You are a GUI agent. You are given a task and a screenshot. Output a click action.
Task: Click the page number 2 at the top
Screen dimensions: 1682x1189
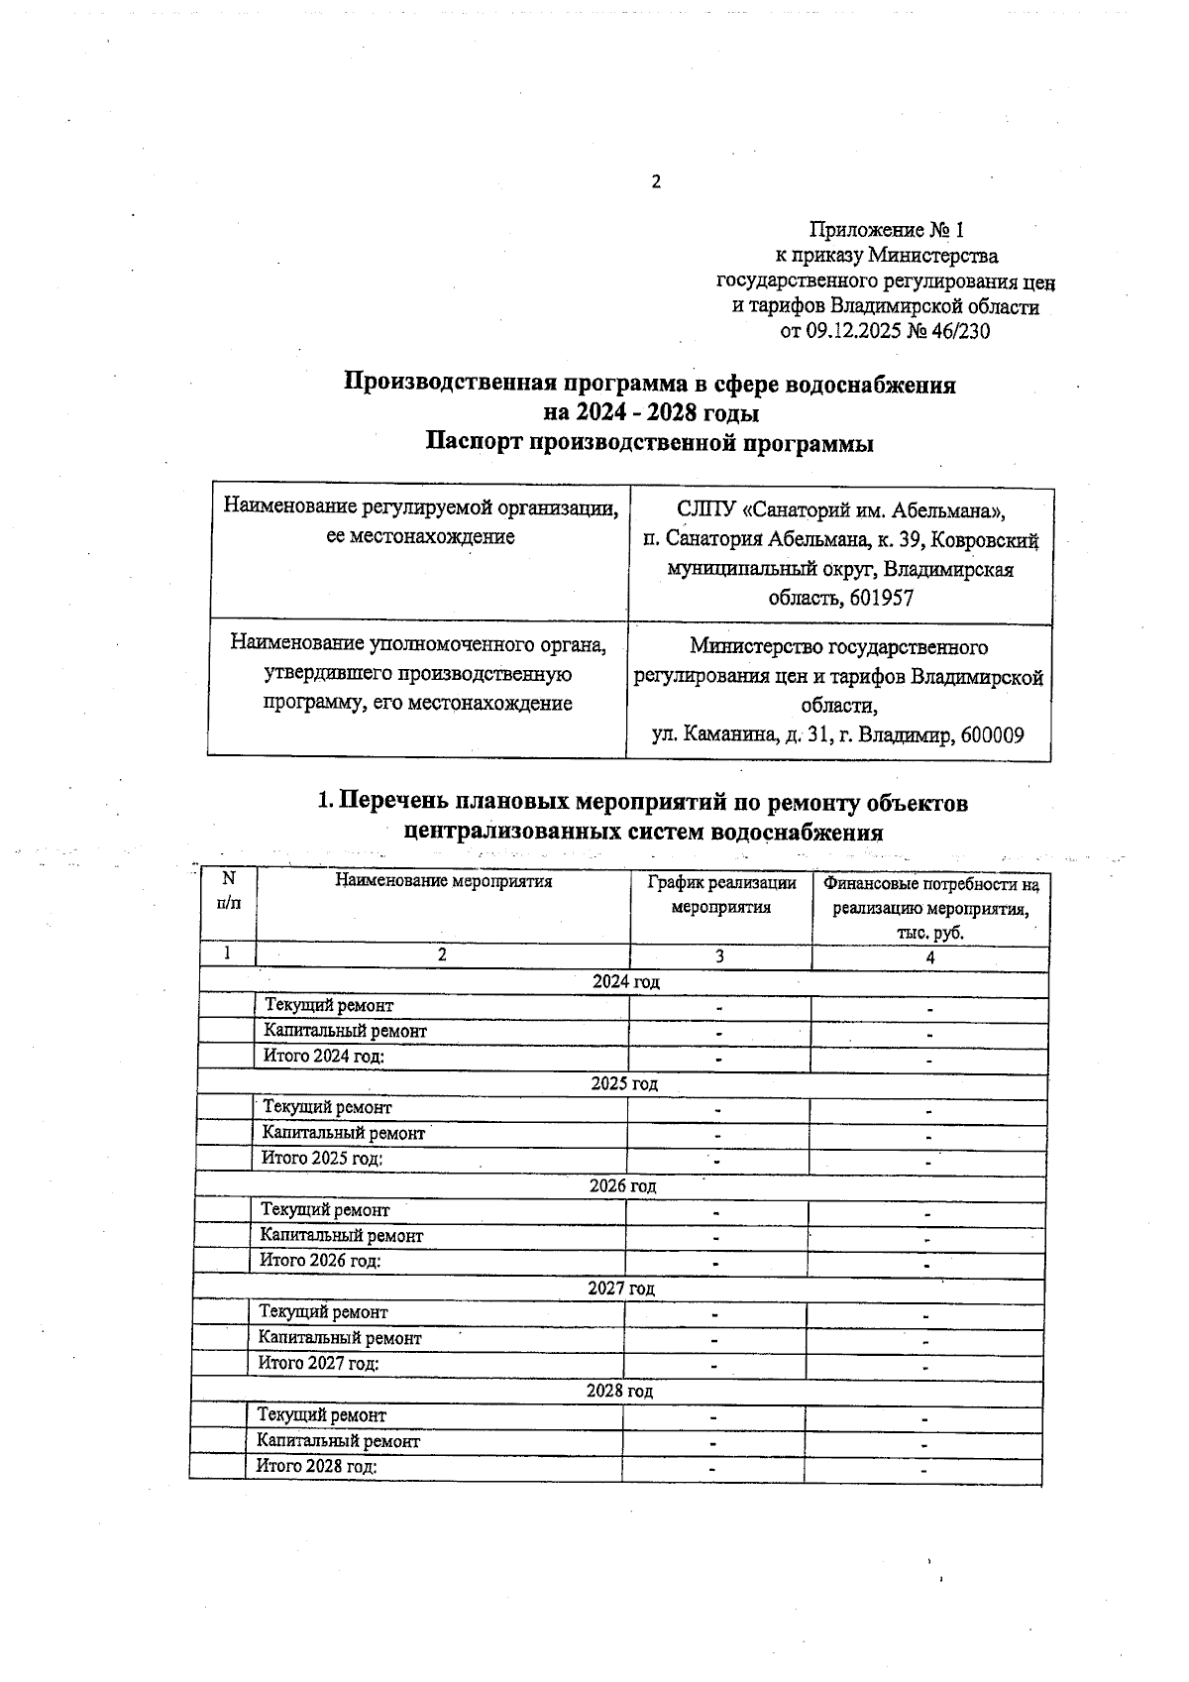(x=655, y=181)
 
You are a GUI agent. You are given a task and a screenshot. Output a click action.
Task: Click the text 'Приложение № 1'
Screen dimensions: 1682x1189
(x=886, y=230)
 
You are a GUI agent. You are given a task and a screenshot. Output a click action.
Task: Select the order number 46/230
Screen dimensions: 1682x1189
(x=958, y=332)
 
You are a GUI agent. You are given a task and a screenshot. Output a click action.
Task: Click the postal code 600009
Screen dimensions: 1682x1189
(x=992, y=735)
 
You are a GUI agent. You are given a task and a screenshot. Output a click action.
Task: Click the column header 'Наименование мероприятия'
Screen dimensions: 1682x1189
(x=443, y=879)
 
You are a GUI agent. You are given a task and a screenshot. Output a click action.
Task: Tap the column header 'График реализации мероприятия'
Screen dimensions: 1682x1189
(x=720, y=894)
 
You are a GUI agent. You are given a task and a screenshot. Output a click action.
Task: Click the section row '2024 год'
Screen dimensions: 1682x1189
(x=625, y=982)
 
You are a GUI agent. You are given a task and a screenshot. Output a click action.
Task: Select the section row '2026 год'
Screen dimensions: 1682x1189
(x=622, y=1186)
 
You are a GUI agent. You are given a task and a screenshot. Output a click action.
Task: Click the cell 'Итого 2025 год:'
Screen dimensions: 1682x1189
(x=322, y=1158)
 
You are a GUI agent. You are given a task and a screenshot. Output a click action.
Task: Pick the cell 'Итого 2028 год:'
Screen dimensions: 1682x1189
(x=317, y=1466)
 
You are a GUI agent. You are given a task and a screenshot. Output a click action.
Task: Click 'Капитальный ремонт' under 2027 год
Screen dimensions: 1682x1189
(x=340, y=1338)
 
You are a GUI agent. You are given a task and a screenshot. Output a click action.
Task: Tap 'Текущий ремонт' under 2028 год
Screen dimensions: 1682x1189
(x=321, y=1415)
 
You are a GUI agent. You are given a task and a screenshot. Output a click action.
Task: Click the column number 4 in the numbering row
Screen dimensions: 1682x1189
(x=929, y=957)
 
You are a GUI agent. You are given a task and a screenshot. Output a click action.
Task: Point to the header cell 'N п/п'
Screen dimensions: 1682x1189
(x=228, y=890)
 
